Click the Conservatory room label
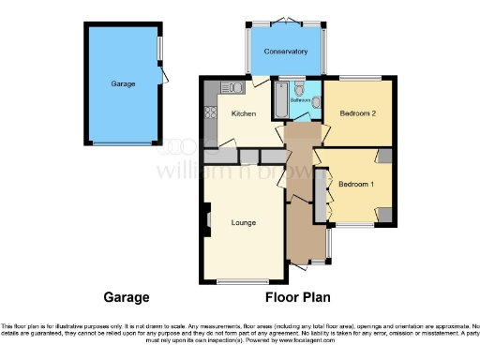pos(286,51)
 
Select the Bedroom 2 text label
pos(357,113)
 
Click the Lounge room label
pos(244,222)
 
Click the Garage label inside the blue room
pos(123,83)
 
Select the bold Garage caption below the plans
pos(126,297)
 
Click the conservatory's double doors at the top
pos(286,20)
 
